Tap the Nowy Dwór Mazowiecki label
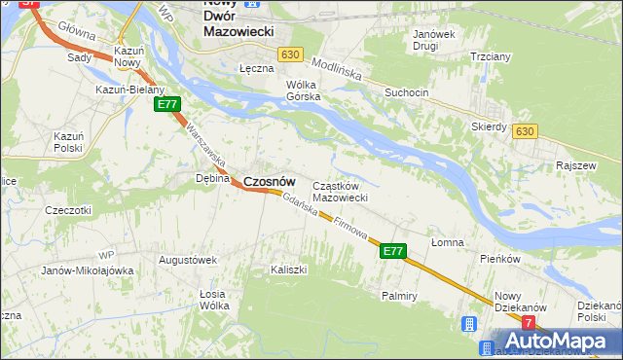238,19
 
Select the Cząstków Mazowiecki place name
339,192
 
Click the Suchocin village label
406,93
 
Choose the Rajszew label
576,165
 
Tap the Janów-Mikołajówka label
88,270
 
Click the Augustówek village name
187,260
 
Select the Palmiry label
400,294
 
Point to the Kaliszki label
289,268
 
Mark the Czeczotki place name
68,209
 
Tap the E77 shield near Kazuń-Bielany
167,104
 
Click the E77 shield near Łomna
392,250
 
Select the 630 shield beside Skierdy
527,131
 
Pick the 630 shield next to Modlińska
288,55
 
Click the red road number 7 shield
529,322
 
